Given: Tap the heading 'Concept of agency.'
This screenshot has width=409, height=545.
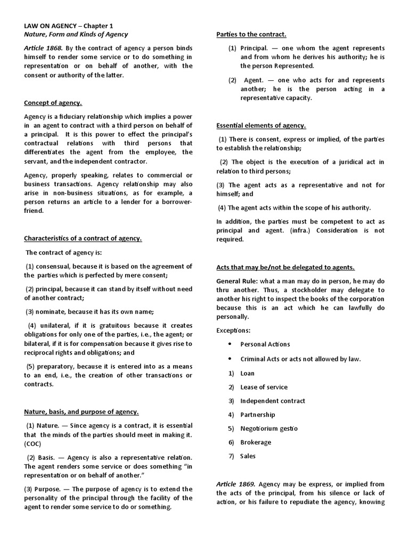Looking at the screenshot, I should [x=53, y=103].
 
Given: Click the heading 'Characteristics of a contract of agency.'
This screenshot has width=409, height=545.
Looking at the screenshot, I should [x=83, y=238].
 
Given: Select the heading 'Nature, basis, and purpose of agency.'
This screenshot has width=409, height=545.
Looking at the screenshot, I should [x=81, y=411].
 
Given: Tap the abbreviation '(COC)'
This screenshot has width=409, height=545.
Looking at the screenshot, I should [x=34, y=443].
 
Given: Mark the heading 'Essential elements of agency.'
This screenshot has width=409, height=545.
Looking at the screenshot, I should [x=261, y=126].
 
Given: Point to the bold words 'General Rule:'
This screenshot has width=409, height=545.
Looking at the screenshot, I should [x=238, y=280].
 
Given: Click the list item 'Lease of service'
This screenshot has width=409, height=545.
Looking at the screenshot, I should [x=264, y=387].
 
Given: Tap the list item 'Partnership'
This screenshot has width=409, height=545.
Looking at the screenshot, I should [x=257, y=415].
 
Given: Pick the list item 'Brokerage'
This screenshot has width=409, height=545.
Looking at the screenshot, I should [x=256, y=442].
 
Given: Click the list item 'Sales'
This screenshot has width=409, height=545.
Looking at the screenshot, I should [x=248, y=456].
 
